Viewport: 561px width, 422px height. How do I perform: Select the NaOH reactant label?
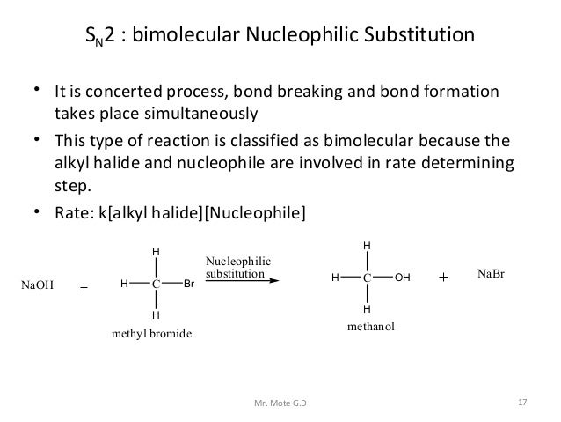pos(38,285)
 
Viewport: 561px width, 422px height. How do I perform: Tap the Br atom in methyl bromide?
pos(189,284)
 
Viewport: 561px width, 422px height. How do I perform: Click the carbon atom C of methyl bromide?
pos(155,284)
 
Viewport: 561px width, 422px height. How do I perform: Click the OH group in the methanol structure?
pos(403,277)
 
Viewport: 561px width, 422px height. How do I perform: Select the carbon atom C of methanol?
pos(367,277)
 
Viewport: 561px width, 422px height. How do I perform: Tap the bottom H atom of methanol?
pos(367,308)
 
